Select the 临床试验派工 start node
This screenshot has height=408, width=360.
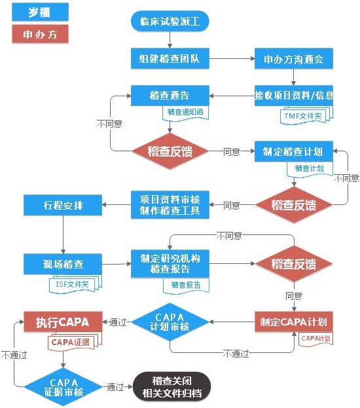170,22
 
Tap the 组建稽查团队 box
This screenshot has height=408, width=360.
170,58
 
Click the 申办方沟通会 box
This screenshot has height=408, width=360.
294,58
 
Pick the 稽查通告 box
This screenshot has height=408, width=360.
170,95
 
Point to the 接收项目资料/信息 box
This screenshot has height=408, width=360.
294,95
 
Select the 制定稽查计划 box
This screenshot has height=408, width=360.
294,151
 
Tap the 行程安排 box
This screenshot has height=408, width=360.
63,205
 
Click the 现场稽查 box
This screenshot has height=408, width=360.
63,263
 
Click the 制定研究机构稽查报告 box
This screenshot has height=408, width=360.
170,263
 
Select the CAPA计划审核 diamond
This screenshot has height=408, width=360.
170,322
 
